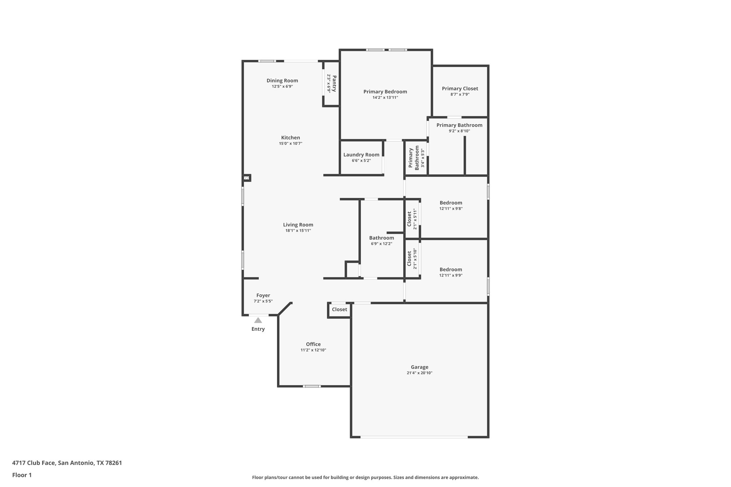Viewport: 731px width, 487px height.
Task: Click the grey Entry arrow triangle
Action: pyautogui.click(x=258, y=320)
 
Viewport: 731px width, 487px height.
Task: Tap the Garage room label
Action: pyautogui.click(x=419, y=367)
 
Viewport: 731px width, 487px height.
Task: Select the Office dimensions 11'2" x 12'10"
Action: pyautogui.click(x=313, y=350)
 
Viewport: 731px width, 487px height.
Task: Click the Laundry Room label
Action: pyautogui.click(x=361, y=154)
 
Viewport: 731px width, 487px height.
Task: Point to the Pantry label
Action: pyautogui.click(x=334, y=83)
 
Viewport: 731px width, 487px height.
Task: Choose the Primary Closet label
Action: pyautogui.click(x=460, y=88)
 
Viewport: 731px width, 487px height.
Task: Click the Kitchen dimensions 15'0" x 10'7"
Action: pyautogui.click(x=291, y=143)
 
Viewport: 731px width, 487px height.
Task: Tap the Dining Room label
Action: pyautogui.click(x=282, y=81)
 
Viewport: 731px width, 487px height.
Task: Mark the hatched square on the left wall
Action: pyautogui.click(x=247, y=178)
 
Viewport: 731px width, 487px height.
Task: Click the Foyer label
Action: pyautogui.click(x=263, y=295)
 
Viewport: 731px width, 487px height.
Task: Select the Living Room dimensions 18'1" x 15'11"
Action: pyautogui.click(x=298, y=230)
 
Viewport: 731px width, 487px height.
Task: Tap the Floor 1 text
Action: pyautogui.click(x=22, y=475)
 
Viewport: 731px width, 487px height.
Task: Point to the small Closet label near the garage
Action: pyautogui.click(x=339, y=309)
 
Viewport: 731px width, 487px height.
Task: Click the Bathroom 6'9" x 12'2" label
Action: pyautogui.click(x=382, y=238)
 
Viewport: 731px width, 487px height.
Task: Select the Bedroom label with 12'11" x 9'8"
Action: pyautogui.click(x=451, y=203)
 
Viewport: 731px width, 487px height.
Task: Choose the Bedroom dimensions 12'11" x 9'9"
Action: pyautogui.click(x=451, y=275)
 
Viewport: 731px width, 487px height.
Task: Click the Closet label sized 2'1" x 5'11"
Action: pyautogui.click(x=409, y=219)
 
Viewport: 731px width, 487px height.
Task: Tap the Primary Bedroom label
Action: pyautogui.click(x=385, y=92)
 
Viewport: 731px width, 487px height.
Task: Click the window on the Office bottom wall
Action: pyautogui.click(x=312, y=386)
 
